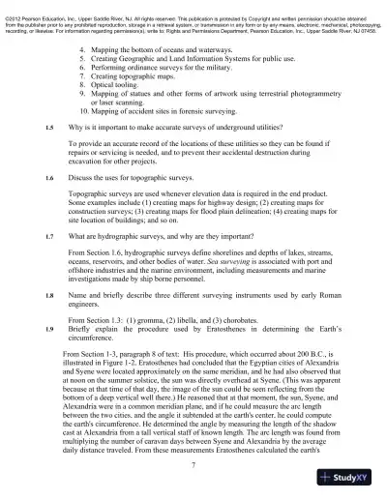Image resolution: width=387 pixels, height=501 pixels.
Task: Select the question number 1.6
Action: click(49, 178)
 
